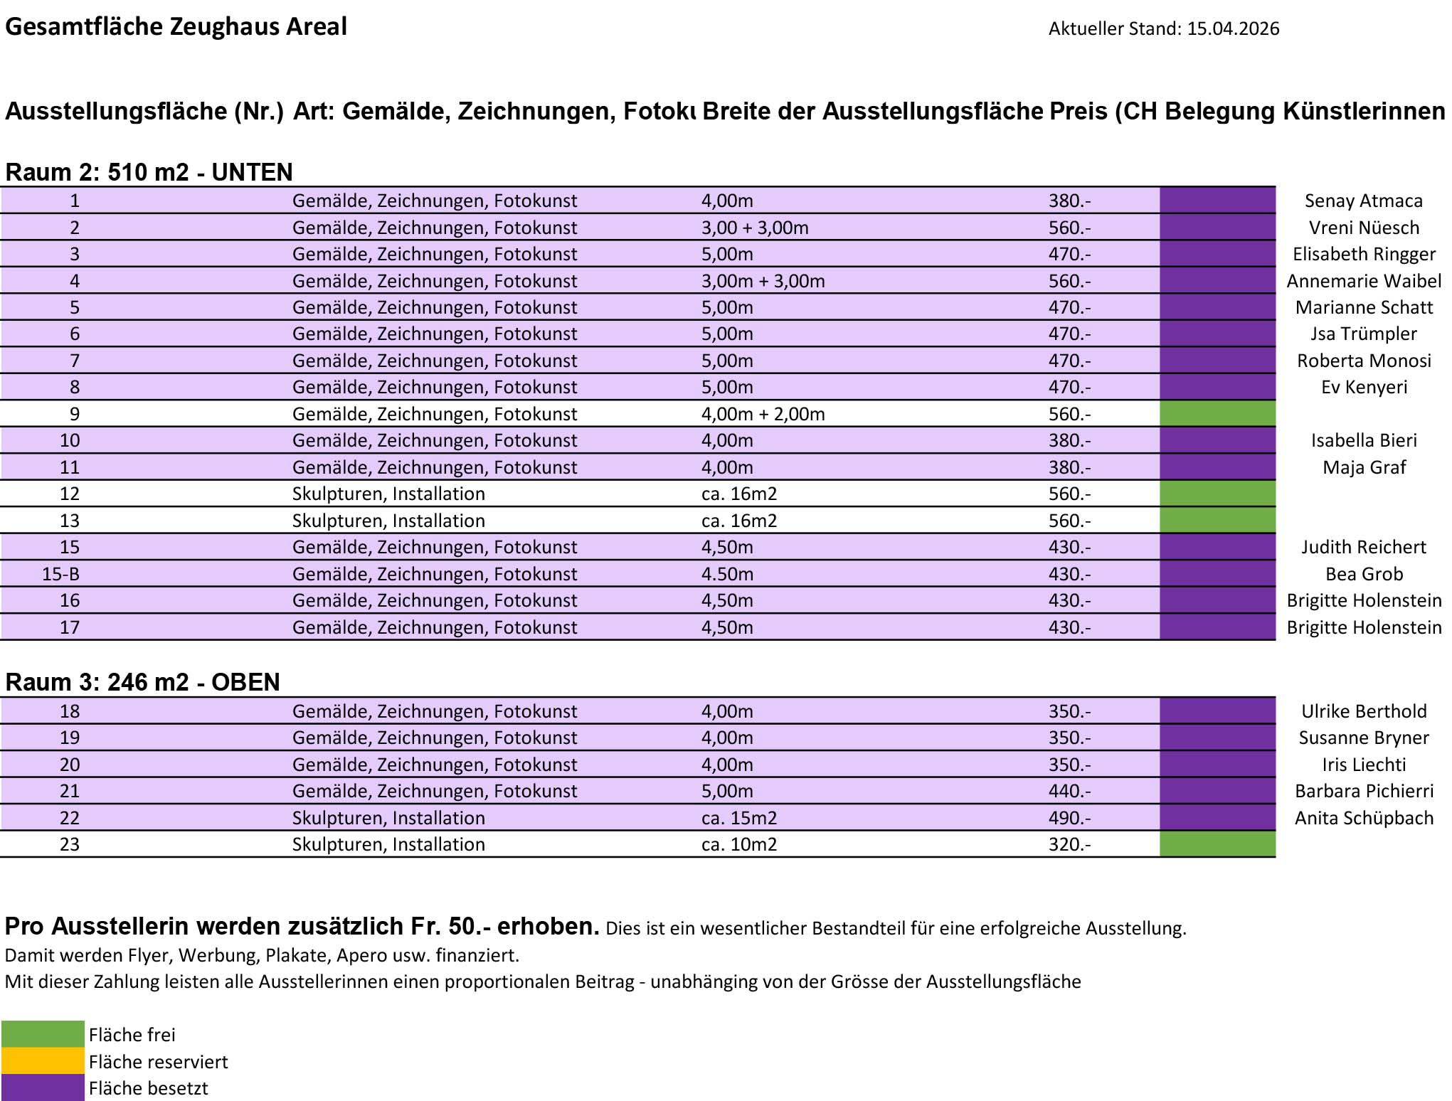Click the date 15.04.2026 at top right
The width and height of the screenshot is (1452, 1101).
[x=1233, y=28]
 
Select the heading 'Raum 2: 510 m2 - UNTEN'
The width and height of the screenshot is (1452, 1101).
[x=149, y=172]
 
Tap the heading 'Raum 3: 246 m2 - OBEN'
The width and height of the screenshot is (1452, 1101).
[x=142, y=682]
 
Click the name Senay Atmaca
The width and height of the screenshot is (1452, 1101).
[x=1363, y=201]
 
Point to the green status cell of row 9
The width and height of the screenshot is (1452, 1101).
[x=1217, y=414]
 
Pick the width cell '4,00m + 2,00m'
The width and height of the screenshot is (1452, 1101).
[x=763, y=414]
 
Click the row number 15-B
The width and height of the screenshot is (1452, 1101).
[x=60, y=574]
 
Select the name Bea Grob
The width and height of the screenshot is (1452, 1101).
[x=1364, y=574]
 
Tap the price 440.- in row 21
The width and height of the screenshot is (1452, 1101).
[x=1069, y=791]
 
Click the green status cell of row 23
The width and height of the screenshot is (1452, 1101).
[x=1217, y=844]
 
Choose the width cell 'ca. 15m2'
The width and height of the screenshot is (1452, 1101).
[x=738, y=818]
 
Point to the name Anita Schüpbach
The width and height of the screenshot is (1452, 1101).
[x=1364, y=818]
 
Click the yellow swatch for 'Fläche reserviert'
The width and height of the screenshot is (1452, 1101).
[x=43, y=1061]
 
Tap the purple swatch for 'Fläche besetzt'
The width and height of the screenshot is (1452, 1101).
[x=43, y=1088]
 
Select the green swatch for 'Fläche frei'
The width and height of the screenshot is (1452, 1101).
[x=43, y=1034]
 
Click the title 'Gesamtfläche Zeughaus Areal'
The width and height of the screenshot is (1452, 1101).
[x=176, y=26]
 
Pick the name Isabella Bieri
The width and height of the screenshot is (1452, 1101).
[x=1364, y=440]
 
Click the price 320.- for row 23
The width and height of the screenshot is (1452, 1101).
[x=1069, y=844]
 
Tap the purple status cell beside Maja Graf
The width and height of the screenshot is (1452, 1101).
[x=1217, y=467]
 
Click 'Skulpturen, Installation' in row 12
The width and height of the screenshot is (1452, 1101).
[x=388, y=494]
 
